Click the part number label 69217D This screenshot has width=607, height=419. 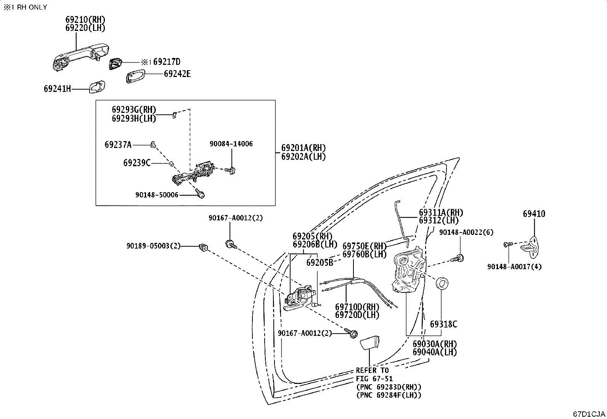167,62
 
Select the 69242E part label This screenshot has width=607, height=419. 177,74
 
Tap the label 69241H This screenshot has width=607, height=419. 58,89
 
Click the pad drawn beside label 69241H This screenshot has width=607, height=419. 97,87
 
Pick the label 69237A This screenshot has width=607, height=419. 118,144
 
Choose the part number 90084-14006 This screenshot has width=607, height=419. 231,144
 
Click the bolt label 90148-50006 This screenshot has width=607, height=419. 157,195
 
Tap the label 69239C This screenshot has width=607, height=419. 137,163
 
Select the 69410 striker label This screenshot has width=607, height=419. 534,214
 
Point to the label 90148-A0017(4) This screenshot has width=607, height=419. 514,267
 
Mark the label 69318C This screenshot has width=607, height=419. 443,324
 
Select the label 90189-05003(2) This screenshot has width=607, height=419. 154,246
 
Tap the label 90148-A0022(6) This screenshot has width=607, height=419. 466,232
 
